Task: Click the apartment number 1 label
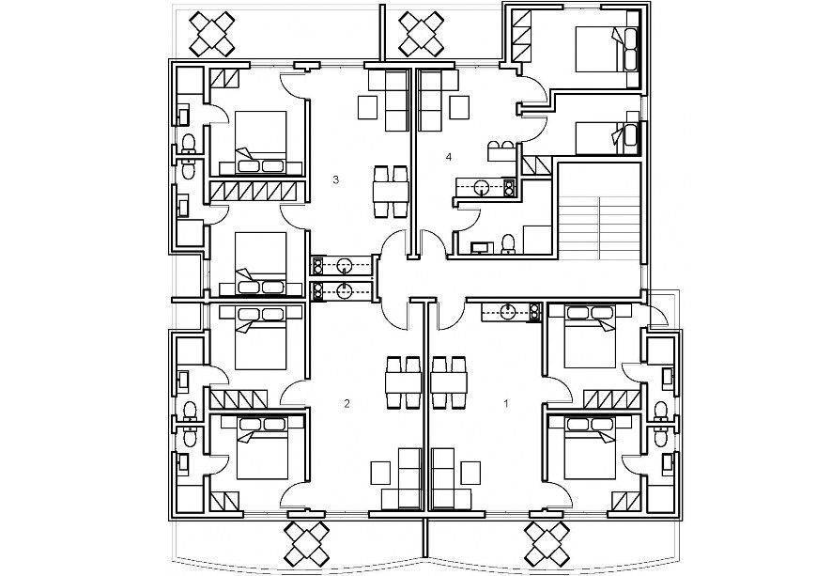coord(507,404)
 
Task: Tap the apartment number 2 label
coord(347,404)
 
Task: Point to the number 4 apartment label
coord(450,156)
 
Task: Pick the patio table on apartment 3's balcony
coord(218,33)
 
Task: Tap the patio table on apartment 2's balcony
coord(307,544)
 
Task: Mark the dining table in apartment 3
coord(391,194)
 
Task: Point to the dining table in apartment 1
coord(449,382)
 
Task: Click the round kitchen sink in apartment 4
coord(482,187)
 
